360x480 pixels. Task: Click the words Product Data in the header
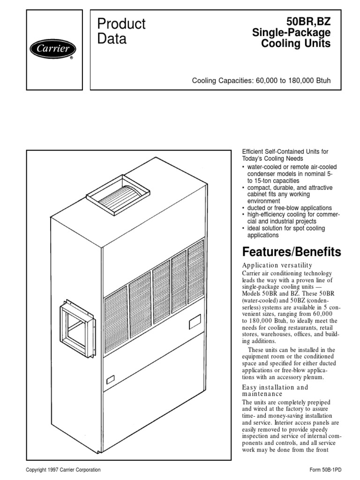121,31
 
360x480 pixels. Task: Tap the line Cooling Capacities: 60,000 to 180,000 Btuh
261,81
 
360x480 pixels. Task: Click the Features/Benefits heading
292,252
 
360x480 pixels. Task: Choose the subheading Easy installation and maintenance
275,390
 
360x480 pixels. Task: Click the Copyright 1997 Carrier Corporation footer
63,470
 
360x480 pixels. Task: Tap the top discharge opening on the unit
118,193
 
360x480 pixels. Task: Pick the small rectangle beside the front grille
195,323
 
